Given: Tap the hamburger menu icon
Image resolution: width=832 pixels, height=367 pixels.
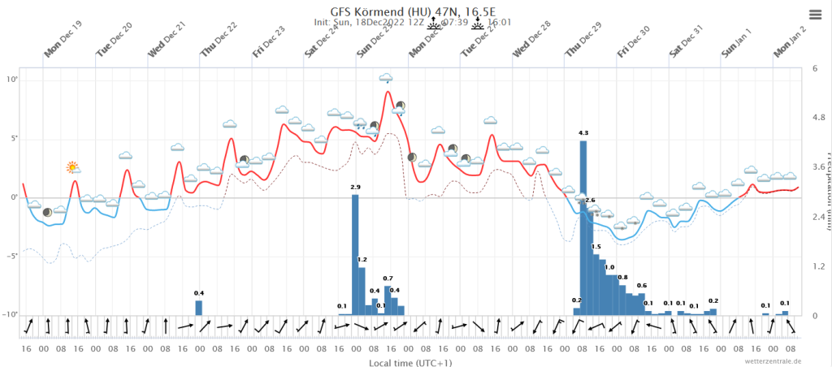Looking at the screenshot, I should tap(815, 14).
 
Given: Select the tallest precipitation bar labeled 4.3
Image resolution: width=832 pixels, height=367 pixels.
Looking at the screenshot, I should tap(583, 227).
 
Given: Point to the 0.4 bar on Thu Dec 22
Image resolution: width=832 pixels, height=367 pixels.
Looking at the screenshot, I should tap(198, 308).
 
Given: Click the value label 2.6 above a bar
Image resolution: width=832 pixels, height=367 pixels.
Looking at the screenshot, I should tap(590, 200).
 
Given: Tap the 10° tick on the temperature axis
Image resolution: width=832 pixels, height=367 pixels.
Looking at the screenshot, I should tap(12, 80).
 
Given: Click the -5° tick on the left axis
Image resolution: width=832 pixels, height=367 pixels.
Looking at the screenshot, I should tap(12, 257).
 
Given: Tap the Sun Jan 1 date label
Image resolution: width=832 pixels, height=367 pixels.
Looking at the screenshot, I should tap(738, 43).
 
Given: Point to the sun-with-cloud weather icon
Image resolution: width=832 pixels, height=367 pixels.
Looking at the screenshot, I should tap(73, 167).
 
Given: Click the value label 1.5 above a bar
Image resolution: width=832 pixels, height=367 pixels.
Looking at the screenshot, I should tap(596, 247).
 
